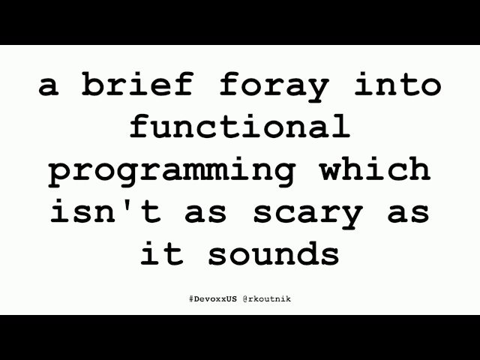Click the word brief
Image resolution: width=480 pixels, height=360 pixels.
[139, 86]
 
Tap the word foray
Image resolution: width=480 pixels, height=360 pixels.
[274, 86]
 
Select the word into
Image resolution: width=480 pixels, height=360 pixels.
[397, 85]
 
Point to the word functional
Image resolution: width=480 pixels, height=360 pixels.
[240, 127]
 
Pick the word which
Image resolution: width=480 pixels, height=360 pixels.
[375, 169]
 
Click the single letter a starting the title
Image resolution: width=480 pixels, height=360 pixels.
[48, 87]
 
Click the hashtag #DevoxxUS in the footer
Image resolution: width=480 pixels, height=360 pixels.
[213, 298]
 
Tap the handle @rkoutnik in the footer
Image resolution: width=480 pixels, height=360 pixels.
[266, 298]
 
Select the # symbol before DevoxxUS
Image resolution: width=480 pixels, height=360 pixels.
[191, 298]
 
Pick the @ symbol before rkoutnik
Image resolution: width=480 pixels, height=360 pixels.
[244, 298]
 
